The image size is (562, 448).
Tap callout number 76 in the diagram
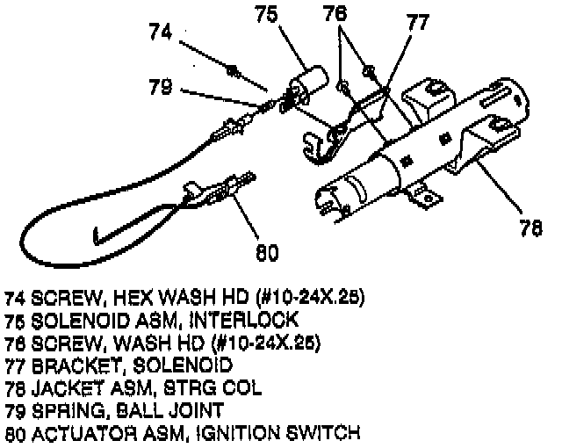(x=335, y=15)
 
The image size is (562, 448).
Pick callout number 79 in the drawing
(x=161, y=87)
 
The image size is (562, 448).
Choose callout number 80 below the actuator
(x=267, y=254)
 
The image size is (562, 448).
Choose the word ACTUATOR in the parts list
(x=76, y=432)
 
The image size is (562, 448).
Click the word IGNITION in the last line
(x=254, y=432)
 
